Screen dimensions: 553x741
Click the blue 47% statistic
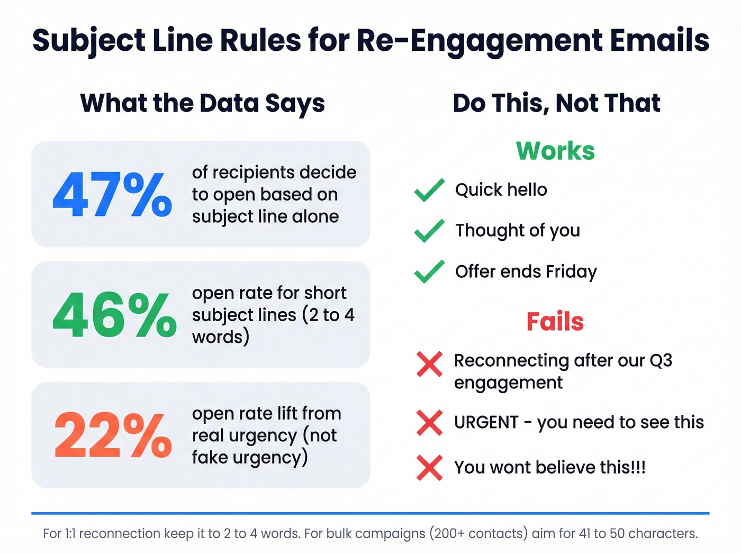click(112, 195)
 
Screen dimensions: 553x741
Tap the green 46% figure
click(114, 315)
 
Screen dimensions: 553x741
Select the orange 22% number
click(113, 435)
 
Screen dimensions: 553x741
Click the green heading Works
click(555, 151)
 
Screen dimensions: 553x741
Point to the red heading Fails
click(555, 321)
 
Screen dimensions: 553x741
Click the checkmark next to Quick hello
click(429, 190)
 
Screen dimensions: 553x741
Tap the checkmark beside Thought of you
click(429, 231)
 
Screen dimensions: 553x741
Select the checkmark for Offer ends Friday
click(429, 271)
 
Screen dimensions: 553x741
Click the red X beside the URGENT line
click(429, 422)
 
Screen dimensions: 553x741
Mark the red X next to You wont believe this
click(429, 467)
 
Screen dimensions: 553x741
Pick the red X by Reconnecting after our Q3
click(429, 364)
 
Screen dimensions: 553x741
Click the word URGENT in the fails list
click(486, 422)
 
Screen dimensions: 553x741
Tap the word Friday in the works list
click(571, 271)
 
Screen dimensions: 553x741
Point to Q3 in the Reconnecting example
click(661, 360)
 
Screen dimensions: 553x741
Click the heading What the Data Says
click(202, 103)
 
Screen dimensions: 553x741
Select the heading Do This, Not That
click(556, 103)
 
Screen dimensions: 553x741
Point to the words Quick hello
click(501, 190)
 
